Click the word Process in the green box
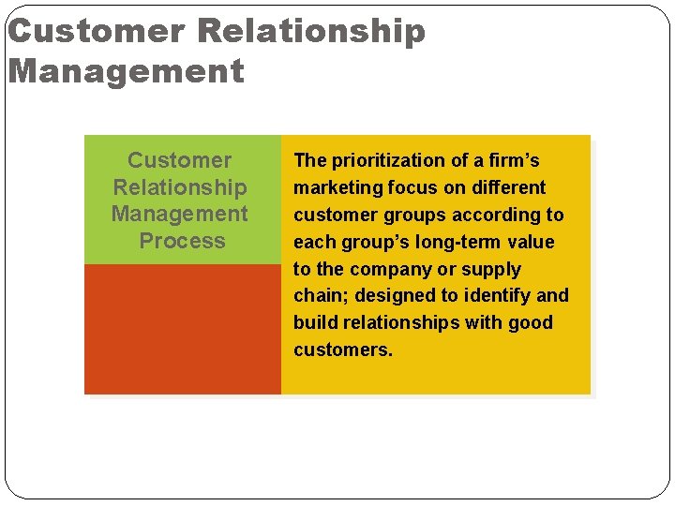point(182,241)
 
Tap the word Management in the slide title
point(126,70)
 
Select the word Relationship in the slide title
point(311,31)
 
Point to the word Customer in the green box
point(179,160)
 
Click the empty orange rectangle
point(182,329)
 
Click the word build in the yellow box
point(312,322)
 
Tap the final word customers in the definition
point(342,350)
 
